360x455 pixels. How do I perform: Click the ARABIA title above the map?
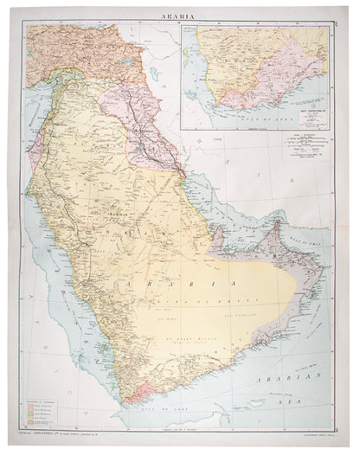(179, 15)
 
